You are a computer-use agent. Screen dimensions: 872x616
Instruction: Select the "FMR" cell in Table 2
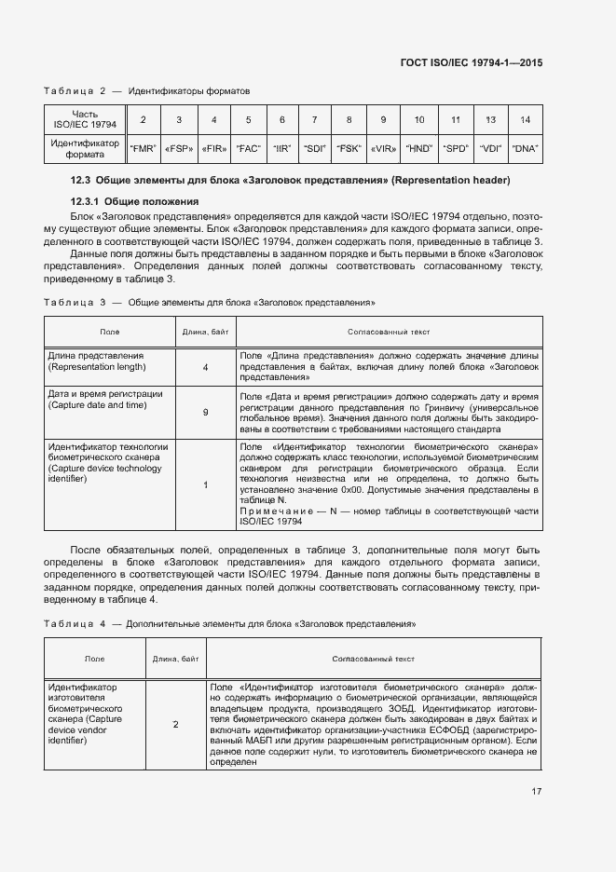(x=143, y=148)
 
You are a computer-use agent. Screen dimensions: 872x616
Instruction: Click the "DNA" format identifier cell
(x=527, y=148)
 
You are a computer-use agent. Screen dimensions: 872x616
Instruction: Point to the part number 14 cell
(x=527, y=120)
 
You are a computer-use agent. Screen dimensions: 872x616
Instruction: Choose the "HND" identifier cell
(x=419, y=148)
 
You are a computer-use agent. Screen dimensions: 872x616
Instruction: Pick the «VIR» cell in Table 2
(x=382, y=148)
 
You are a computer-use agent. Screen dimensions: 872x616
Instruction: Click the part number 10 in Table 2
(x=419, y=120)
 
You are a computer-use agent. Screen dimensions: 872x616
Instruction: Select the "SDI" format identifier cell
(x=315, y=148)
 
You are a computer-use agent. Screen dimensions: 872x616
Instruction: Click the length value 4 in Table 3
(x=205, y=367)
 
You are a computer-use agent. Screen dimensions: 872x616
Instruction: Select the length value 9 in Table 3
(x=205, y=411)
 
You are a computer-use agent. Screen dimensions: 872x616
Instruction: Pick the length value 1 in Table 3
(x=205, y=484)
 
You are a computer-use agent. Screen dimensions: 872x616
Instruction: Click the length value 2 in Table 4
(x=175, y=724)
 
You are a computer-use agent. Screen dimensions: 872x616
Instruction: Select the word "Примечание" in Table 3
(x=275, y=511)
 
